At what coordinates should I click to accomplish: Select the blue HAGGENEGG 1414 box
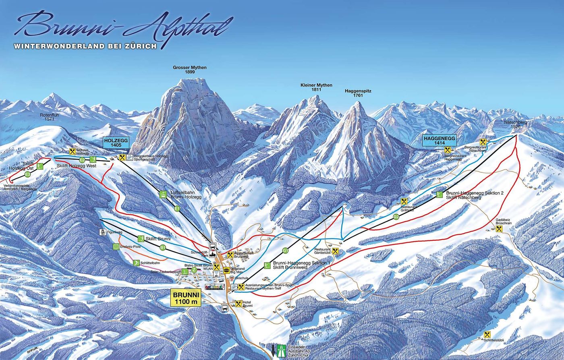pyautogui.click(x=439, y=140)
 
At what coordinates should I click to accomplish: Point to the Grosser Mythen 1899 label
pyautogui.click(x=190, y=70)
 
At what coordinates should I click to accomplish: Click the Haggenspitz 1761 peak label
pyautogui.click(x=358, y=93)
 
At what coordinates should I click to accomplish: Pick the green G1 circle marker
pyautogui.click(x=285, y=250)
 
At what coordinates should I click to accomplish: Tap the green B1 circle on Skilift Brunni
pyautogui.click(x=162, y=247)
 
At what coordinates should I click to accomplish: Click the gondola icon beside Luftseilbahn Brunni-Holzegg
pyautogui.click(x=163, y=195)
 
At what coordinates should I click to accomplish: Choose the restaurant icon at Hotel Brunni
pyautogui.click(x=238, y=304)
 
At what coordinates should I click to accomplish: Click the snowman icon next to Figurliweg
pyautogui.click(x=102, y=233)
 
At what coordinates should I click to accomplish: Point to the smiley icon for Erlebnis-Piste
pyautogui.click(x=116, y=246)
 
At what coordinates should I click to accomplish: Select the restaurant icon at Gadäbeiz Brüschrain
pyautogui.click(x=499, y=229)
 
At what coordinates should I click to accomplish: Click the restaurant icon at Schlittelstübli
pyautogui.click(x=487, y=335)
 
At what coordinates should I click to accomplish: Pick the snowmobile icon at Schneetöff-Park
pyautogui.click(x=212, y=255)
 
